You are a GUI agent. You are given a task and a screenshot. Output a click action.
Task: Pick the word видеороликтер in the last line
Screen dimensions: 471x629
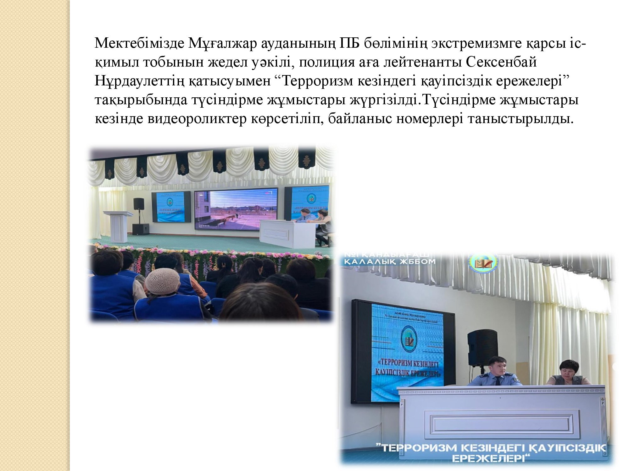click(x=197, y=119)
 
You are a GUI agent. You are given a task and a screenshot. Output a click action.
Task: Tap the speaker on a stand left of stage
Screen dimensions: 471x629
click(x=139, y=204)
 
